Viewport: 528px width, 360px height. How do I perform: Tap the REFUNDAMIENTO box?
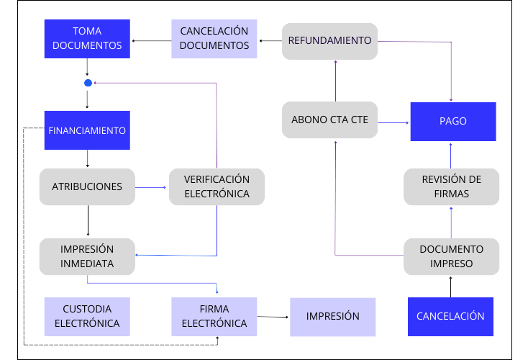click(x=329, y=40)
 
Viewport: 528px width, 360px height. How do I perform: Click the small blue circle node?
click(x=88, y=83)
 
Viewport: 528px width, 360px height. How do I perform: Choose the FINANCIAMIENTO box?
click(x=87, y=130)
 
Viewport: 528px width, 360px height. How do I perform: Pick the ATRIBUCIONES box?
click(x=87, y=186)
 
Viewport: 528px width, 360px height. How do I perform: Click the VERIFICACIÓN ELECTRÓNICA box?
click(x=217, y=186)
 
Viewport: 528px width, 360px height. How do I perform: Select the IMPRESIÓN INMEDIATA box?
click(x=87, y=256)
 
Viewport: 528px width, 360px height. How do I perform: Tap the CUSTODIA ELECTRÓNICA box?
click(x=87, y=317)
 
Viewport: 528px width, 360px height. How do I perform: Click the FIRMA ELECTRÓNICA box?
click(x=214, y=317)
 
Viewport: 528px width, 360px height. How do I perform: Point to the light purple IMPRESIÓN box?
click(x=332, y=317)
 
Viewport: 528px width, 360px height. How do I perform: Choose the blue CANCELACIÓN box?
click(x=450, y=317)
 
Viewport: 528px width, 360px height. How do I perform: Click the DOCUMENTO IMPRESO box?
click(x=451, y=256)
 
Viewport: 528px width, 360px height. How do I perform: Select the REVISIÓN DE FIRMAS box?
click(x=451, y=186)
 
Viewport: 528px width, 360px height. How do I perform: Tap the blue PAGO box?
click(x=452, y=122)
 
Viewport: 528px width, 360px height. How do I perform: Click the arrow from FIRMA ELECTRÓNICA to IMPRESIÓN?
click(x=273, y=317)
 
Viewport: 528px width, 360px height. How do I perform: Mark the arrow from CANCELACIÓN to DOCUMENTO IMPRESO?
click(x=451, y=287)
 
